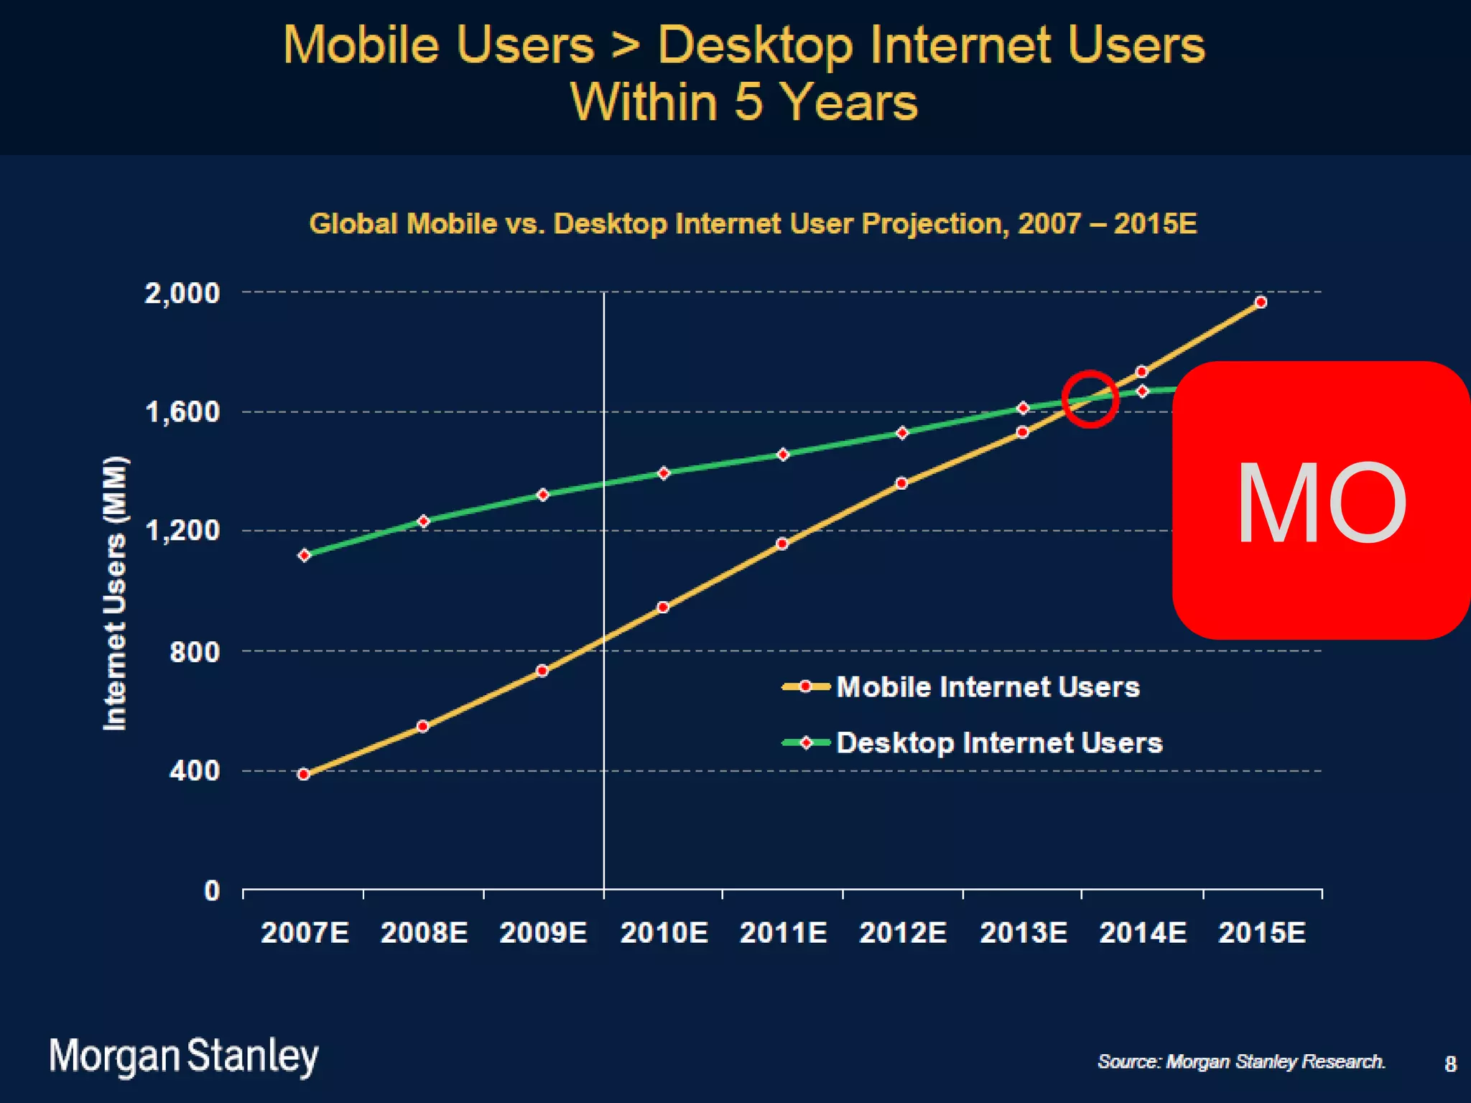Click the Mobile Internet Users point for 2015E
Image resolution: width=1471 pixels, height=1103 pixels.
pyautogui.click(x=1261, y=302)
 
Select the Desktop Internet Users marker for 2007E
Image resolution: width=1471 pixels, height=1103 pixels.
pyautogui.click(x=304, y=555)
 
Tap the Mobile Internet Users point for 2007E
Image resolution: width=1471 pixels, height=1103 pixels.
pyautogui.click(x=304, y=774)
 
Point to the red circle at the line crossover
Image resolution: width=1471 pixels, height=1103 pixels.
pyautogui.click(x=1090, y=399)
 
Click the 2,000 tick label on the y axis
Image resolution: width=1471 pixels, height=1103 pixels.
pyautogui.click(x=182, y=293)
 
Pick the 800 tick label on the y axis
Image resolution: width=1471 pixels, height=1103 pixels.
pyautogui.click(x=195, y=651)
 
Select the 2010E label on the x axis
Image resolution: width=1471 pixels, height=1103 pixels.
pyautogui.click(x=664, y=933)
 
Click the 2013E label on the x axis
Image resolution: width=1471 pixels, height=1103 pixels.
pyautogui.click(x=1023, y=933)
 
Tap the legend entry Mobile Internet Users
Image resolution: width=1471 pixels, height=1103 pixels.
pyautogui.click(x=988, y=687)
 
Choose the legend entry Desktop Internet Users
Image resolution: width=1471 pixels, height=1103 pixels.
pyautogui.click(x=998, y=743)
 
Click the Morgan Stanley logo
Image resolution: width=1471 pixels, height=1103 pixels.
pyautogui.click(x=184, y=1056)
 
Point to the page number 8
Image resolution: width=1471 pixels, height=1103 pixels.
pyautogui.click(x=1450, y=1064)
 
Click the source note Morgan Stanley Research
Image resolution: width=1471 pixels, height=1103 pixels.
pyautogui.click(x=1240, y=1061)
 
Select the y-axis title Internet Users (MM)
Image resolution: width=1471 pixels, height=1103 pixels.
pyautogui.click(x=115, y=593)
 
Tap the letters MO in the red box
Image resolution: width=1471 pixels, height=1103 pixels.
pyautogui.click(x=1320, y=503)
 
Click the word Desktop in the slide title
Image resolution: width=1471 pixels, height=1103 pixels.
pyautogui.click(x=756, y=45)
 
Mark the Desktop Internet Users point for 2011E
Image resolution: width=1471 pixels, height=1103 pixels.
pyautogui.click(x=783, y=455)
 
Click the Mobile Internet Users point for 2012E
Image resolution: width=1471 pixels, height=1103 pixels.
pyautogui.click(x=902, y=483)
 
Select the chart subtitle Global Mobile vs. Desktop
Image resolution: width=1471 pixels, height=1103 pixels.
pyautogui.click(x=752, y=223)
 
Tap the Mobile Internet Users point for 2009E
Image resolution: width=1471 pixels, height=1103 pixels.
pyautogui.click(x=542, y=671)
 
